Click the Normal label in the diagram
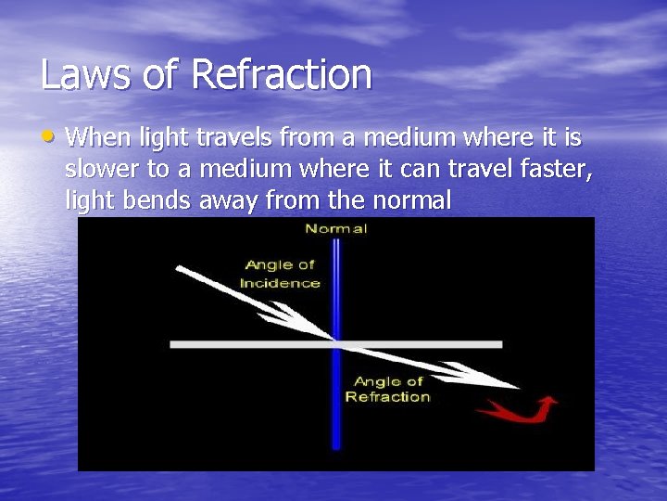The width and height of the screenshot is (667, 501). [x=336, y=228]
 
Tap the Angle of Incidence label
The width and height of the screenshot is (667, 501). [x=280, y=275]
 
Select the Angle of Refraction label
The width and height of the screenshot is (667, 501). [x=388, y=390]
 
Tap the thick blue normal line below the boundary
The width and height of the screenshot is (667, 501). [x=336, y=408]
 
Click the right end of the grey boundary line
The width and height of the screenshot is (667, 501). [x=499, y=344]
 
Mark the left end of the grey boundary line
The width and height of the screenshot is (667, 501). [x=173, y=344]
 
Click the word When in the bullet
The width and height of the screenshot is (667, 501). [x=99, y=139]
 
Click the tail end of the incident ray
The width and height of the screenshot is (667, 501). [x=179, y=269]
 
